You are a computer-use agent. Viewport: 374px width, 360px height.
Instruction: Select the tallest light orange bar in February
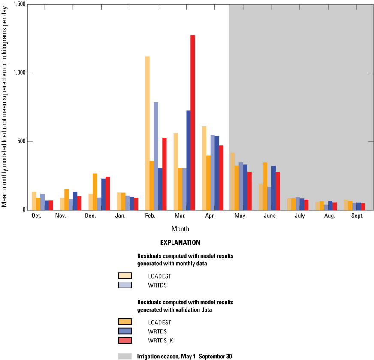coord(147,133)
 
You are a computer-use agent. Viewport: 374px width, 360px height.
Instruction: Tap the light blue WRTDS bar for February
coord(156,156)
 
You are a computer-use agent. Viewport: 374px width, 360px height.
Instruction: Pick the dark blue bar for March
coord(188,160)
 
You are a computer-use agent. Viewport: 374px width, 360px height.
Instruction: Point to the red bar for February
coord(164,174)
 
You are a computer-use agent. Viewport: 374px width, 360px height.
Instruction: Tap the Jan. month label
coord(121,216)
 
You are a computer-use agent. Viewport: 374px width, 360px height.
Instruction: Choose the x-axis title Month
coord(180,229)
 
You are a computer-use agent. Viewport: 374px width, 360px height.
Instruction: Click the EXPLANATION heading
coord(180,243)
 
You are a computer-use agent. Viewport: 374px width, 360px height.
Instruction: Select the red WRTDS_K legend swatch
coord(125,340)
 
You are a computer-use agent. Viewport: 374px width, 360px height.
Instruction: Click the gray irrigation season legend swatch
coord(125,356)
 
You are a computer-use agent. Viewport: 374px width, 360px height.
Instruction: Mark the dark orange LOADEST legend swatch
coord(125,322)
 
